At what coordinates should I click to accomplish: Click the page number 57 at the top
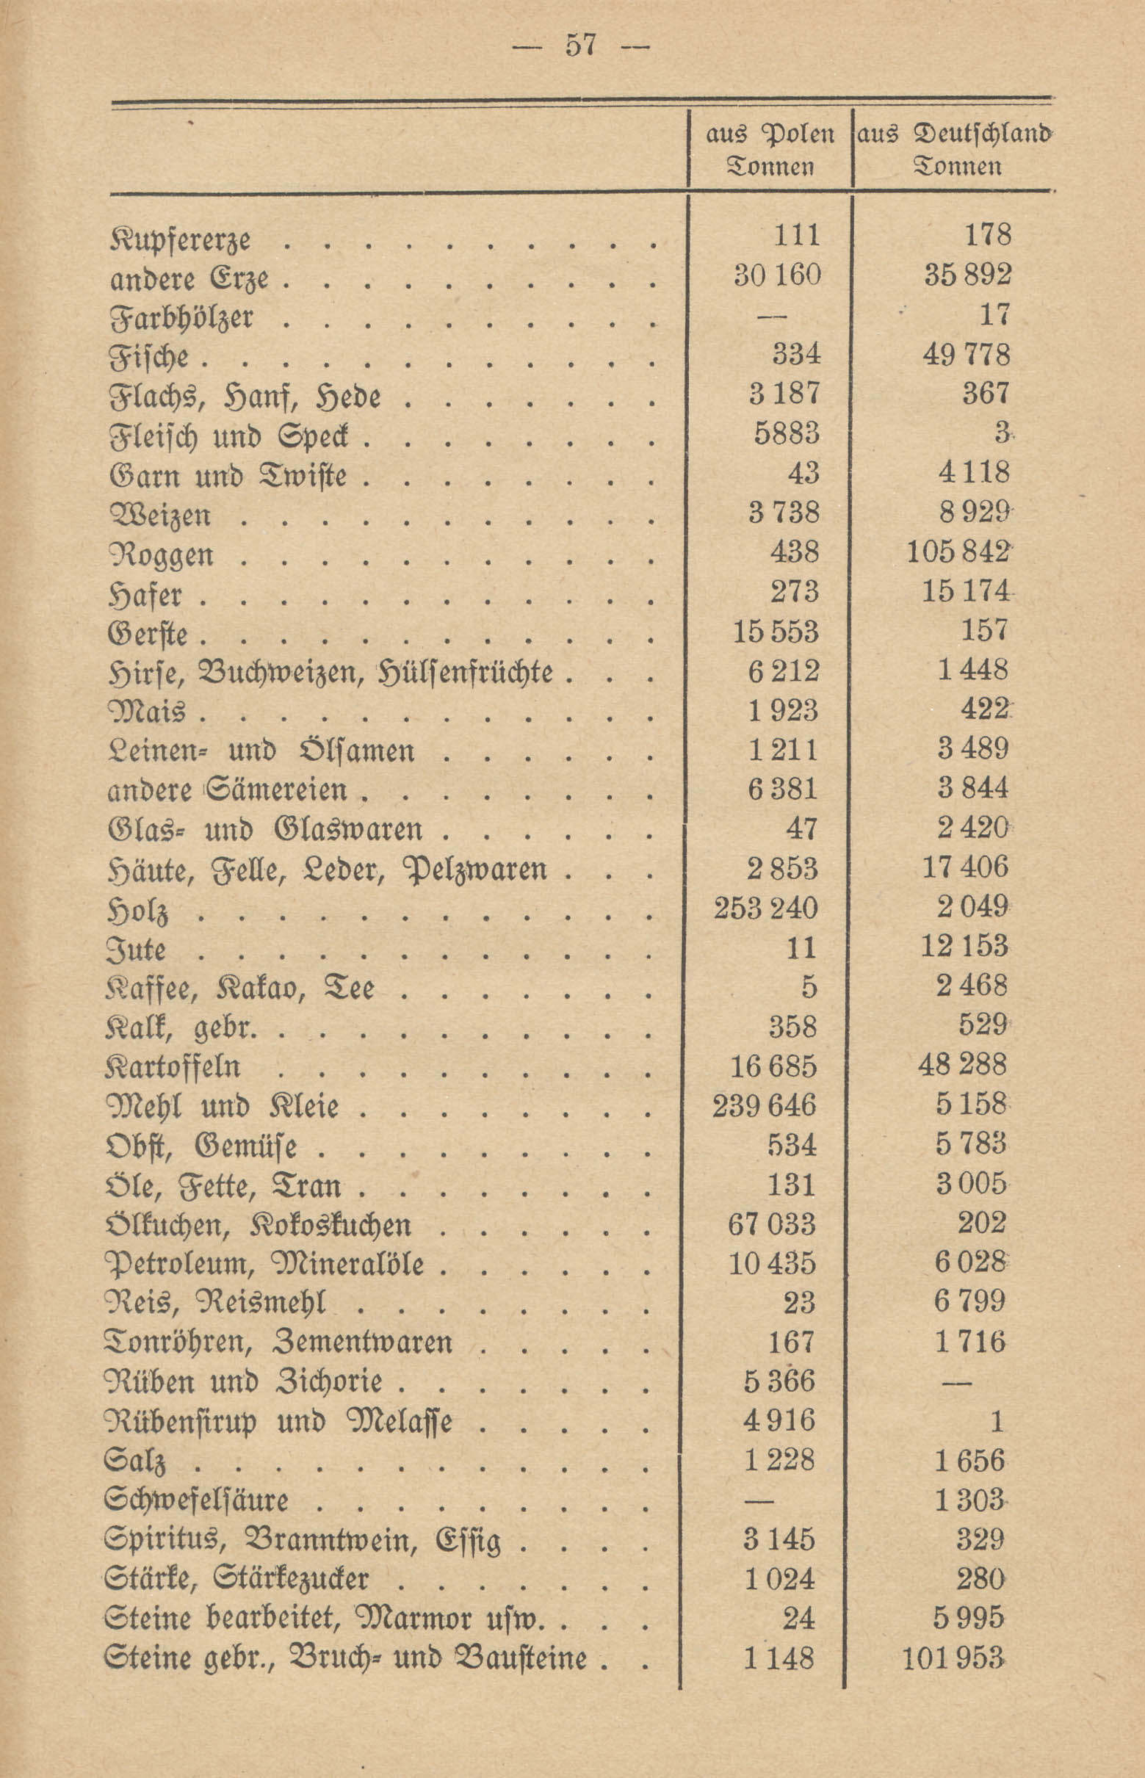click(581, 46)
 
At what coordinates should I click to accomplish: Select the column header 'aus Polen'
click(770, 134)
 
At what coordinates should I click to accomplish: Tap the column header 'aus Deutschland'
click(955, 134)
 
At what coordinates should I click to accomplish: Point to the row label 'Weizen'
click(160, 516)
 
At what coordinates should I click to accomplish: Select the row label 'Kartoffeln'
click(173, 1066)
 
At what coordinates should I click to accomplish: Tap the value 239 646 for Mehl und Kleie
click(765, 1105)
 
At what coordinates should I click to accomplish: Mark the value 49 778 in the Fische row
click(967, 355)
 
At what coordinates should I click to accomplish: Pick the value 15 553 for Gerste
click(775, 632)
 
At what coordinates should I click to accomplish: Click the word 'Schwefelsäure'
click(196, 1499)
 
